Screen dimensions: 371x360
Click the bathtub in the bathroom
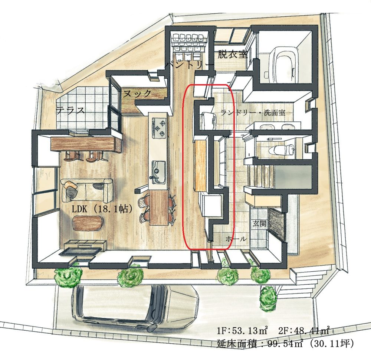(282, 63)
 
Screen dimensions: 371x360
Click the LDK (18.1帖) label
(102, 209)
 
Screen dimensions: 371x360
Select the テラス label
(70, 110)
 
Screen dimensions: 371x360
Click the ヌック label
(137, 94)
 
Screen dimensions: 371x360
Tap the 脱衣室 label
(232, 55)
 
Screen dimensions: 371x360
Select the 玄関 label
(259, 223)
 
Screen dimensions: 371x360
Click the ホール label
(236, 239)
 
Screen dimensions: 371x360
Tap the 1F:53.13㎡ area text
(242, 330)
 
